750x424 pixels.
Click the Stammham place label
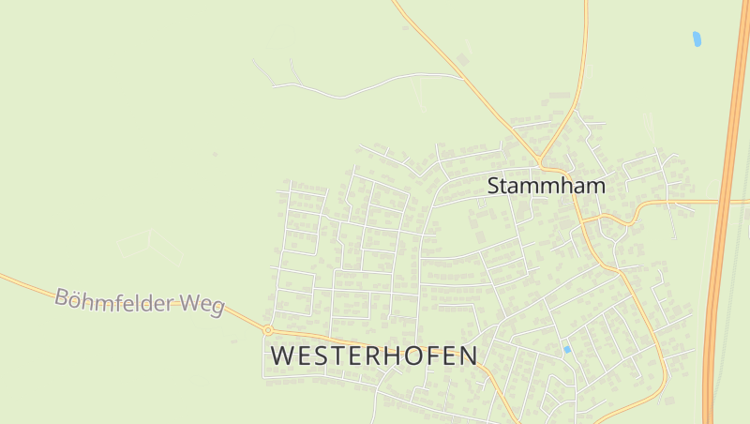[547, 186]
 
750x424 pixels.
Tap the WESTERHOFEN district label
[374, 356]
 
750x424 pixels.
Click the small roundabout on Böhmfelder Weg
[268, 330]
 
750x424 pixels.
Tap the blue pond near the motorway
[697, 38]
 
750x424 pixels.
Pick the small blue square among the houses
[566, 349]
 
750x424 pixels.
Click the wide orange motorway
[722, 235]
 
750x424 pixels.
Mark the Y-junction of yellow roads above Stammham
[540, 158]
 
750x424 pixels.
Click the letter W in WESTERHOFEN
[282, 356]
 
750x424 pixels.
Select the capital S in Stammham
[493, 186]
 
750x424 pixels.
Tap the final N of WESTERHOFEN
[468, 356]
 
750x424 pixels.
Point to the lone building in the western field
[215, 153]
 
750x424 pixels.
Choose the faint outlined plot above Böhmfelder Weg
[150, 246]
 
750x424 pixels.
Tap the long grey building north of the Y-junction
[560, 95]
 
